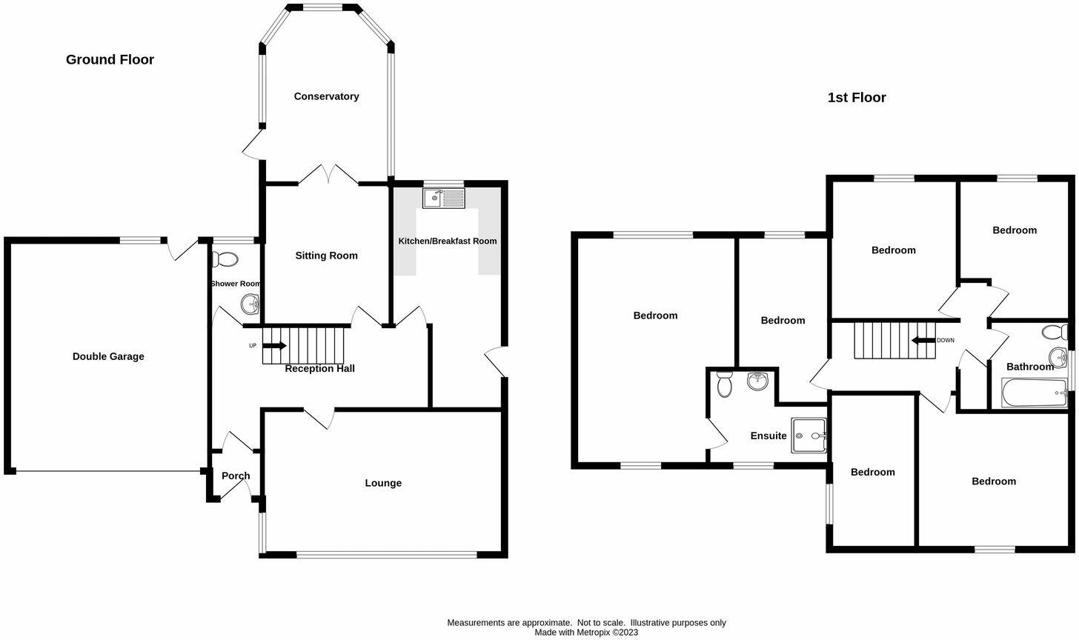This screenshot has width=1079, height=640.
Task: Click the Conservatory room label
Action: click(326, 96)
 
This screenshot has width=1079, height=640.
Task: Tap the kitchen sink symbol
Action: click(443, 198)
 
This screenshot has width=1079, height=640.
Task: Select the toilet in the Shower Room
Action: click(225, 259)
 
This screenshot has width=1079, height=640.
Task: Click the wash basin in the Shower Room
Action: click(250, 304)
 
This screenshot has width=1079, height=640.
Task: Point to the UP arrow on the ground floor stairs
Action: click(274, 345)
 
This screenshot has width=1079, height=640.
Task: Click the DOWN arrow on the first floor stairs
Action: click(923, 341)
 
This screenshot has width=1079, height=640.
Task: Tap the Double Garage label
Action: click(108, 356)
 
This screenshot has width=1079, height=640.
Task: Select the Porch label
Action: click(236, 476)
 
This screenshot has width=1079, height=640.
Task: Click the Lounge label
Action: click(383, 483)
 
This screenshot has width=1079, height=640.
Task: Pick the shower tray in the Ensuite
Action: click(809, 434)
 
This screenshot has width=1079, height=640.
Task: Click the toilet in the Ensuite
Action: click(724, 385)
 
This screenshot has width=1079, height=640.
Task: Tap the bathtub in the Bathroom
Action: click(1035, 393)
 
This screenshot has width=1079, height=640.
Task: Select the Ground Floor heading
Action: click(110, 59)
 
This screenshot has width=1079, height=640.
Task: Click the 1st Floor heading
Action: click(857, 97)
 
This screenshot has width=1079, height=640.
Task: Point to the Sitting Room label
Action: click(326, 256)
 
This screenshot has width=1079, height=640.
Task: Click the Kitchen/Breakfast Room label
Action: click(448, 241)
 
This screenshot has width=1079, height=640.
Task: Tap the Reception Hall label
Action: click(319, 368)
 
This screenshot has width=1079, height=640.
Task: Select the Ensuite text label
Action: click(768, 436)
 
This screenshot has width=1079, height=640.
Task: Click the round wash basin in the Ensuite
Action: click(757, 381)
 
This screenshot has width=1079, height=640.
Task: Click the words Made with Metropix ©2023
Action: click(586, 633)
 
